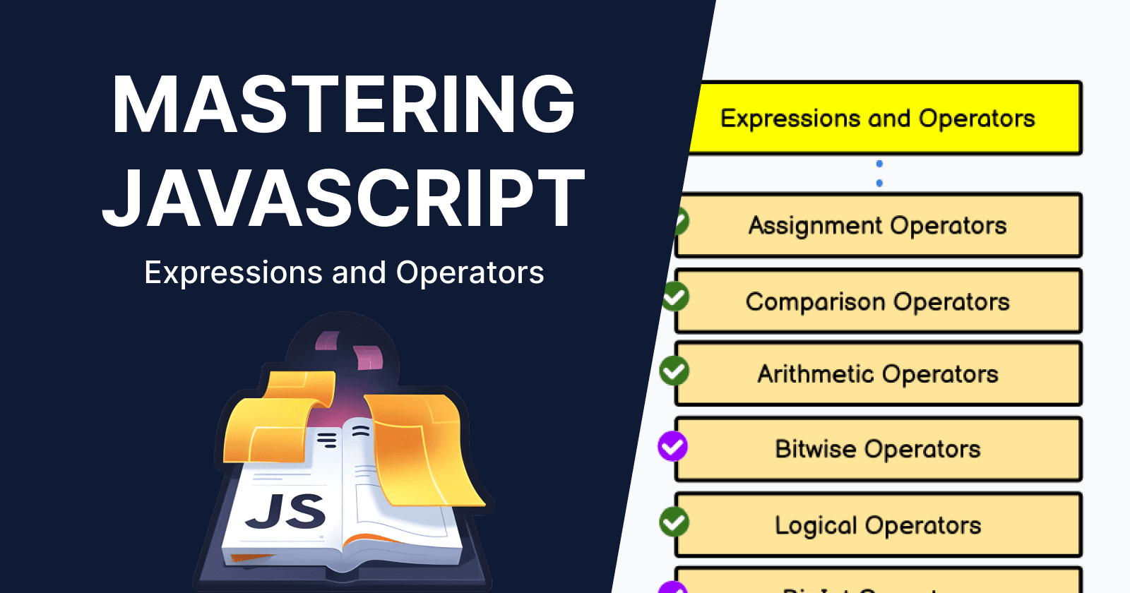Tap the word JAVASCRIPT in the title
(x=343, y=198)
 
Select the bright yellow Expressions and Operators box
(x=883, y=118)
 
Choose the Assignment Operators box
(x=878, y=225)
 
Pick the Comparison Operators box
(x=878, y=301)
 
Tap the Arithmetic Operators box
(x=878, y=373)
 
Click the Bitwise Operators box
(x=878, y=449)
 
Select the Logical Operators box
(x=878, y=525)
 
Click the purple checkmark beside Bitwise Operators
(x=673, y=446)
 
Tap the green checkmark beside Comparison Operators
(x=675, y=296)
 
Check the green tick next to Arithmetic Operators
(x=674, y=371)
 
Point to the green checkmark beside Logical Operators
(x=674, y=522)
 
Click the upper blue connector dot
(x=879, y=164)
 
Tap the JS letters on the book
(x=286, y=512)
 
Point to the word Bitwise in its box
(x=816, y=449)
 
